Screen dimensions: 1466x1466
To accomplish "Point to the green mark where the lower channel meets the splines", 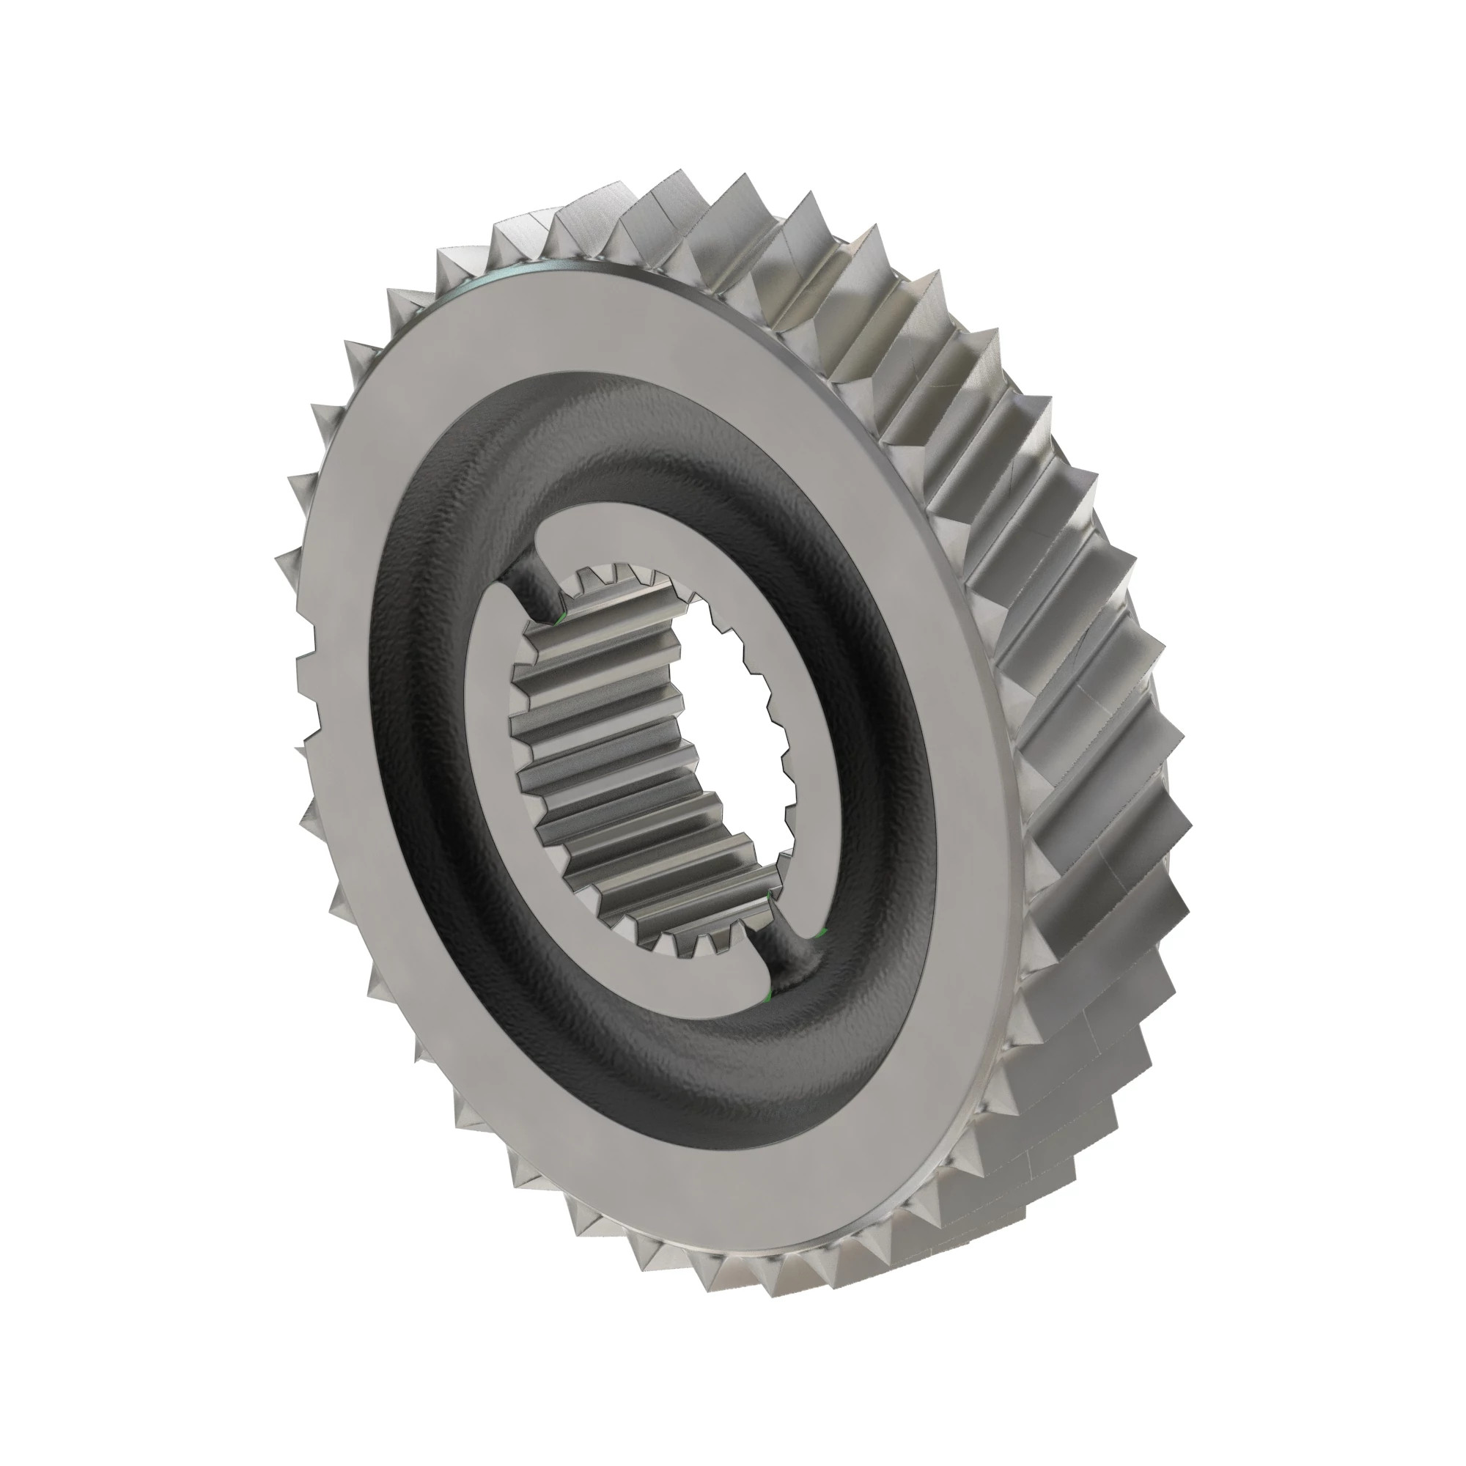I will click(x=770, y=898).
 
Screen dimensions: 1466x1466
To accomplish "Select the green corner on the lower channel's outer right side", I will click(x=822, y=930).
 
